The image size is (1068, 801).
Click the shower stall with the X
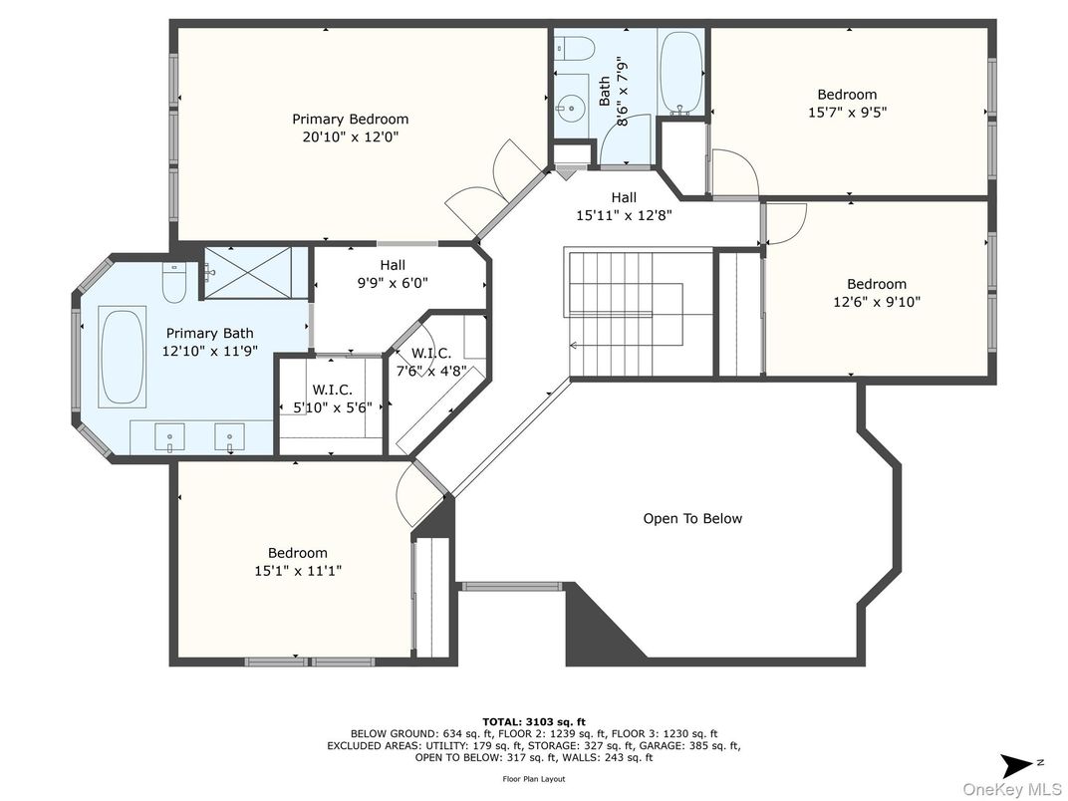coord(248,272)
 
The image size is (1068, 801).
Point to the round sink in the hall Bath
coord(568,107)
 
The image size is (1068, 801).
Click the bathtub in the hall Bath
coord(681,72)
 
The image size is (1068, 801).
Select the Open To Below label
coord(692,518)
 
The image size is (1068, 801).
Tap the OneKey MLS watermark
coord(1012,789)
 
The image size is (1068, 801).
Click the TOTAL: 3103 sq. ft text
coord(533,722)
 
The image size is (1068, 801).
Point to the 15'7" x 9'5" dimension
coord(847,113)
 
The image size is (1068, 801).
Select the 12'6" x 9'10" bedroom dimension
coord(877,301)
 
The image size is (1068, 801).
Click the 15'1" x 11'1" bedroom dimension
coord(298,571)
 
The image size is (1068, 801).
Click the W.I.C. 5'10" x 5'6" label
coord(333,400)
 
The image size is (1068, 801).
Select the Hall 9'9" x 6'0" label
coord(393,274)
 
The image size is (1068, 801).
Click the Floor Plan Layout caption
coord(533,778)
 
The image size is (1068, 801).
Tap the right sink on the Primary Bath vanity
coord(229,436)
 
